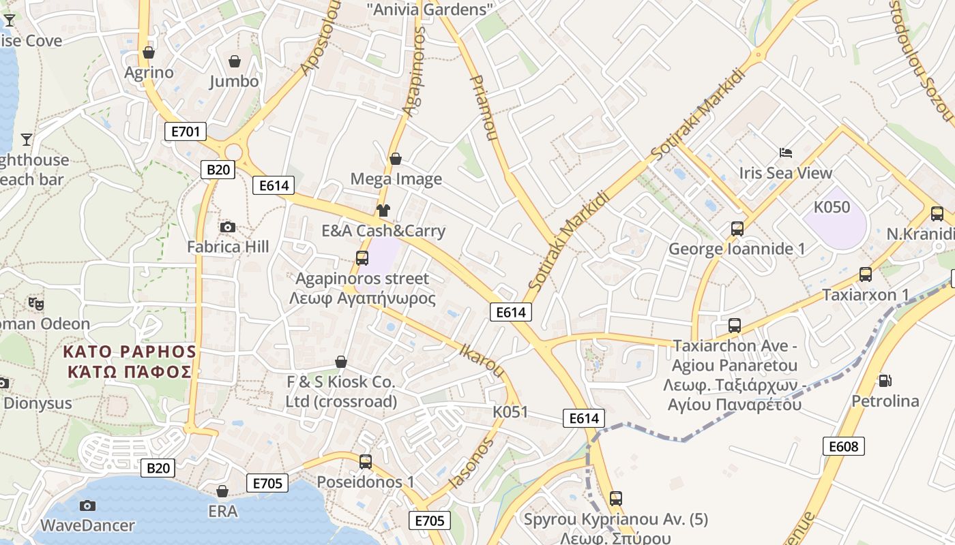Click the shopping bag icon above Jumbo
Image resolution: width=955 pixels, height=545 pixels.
pyautogui.click(x=235, y=62)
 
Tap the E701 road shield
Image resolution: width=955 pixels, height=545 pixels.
pyautogui.click(x=186, y=131)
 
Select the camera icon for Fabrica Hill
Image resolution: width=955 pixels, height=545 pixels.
pyautogui.click(x=228, y=227)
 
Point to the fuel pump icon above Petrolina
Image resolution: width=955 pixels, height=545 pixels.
pyautogui.click(x=885, y=380)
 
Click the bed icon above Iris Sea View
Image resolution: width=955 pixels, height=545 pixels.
pyautogui.click(x=786, y=153)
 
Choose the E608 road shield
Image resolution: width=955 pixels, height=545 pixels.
pyautogui.click(x=844, y=446)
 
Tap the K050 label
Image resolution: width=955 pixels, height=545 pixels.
pyautogui.click(x=832, y=207)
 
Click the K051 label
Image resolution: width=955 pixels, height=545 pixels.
pyautogui.click(x=510, y=411)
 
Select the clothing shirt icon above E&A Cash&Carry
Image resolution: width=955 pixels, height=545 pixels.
pyautogui.click(x=383, y=211)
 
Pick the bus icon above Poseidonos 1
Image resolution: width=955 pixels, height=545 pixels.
pyautogui.click(x=366, y=461)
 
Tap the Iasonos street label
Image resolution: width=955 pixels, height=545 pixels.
pyautogui.click(x=471, y=463)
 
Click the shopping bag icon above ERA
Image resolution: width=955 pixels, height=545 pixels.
pyautogui.click(x=222, y=491)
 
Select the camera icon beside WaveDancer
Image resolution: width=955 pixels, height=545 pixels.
pyautogui.click(x=87, y=505)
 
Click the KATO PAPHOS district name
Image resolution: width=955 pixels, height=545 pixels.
pyautogui.click(x=130, y=361)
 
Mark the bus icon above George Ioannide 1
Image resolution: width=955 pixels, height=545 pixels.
pyautogui.click(x=737, y=229)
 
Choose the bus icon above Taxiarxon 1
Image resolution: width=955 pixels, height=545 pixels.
pyautogui.click(x=866, y=275)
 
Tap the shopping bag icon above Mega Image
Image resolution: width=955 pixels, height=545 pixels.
pyautogui.click(x=396, y=159)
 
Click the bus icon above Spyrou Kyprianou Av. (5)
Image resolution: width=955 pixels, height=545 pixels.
pyautogui.click(x=616, y=499)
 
